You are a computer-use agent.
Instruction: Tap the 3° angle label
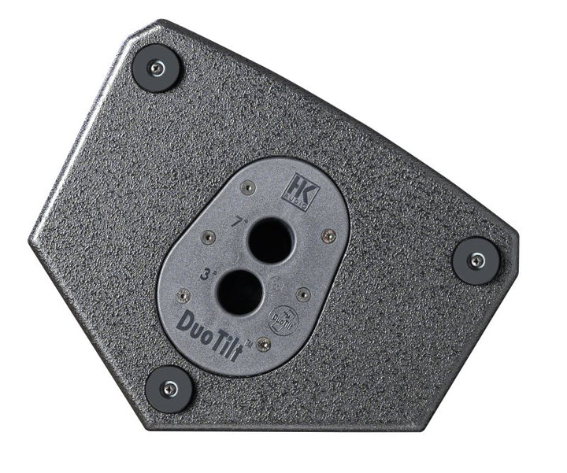pos(209,277)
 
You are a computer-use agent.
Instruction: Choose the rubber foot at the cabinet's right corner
pos(476,260)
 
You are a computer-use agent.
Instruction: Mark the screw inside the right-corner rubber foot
pos(476,260)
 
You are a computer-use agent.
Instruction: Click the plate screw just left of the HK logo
pos(248,187)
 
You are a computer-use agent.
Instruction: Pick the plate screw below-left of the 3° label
pos(183,296)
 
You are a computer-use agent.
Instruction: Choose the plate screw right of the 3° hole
pos(303,294)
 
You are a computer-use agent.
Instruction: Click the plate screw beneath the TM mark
pos(263,345)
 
